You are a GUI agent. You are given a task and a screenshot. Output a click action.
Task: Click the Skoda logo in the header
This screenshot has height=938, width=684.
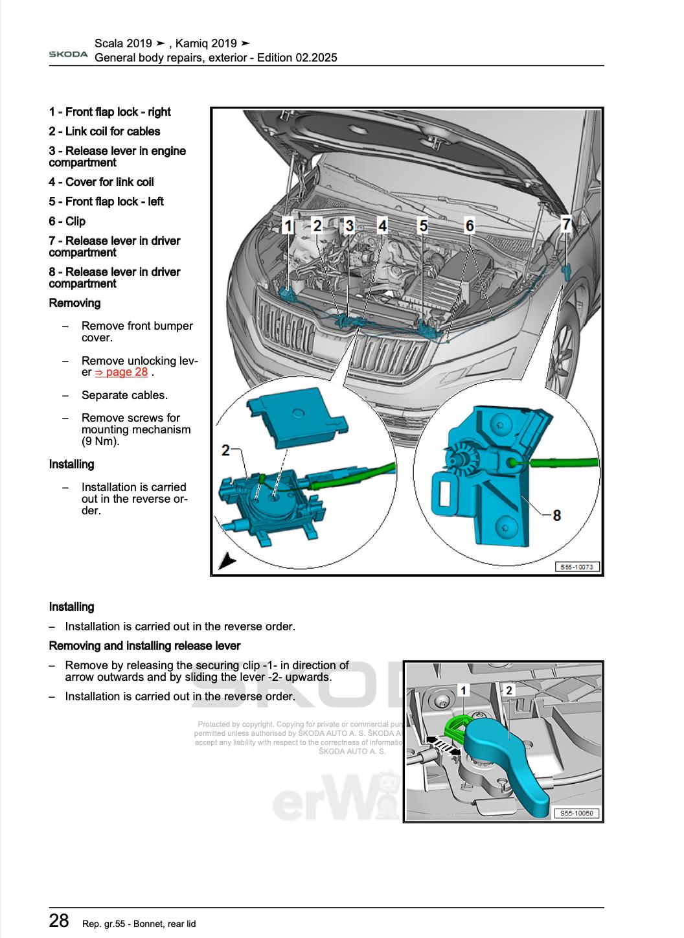pos(68,54)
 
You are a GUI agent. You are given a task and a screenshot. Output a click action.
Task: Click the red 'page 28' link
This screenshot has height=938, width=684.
pos(121,372)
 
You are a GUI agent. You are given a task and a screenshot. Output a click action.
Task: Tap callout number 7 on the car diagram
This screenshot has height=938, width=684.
pos(566,224)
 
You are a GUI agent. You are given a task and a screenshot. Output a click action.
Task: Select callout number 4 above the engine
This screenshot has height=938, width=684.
pos(383,225)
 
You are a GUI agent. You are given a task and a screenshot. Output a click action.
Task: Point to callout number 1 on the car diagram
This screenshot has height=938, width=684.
pos(287,225)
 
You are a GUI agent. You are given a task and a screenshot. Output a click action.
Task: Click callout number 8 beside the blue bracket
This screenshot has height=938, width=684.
pos(556,515)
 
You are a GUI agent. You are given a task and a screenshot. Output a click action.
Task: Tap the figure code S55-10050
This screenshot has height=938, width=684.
pos(576,814)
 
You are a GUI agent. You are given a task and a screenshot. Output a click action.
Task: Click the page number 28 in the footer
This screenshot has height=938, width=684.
pos(59,921)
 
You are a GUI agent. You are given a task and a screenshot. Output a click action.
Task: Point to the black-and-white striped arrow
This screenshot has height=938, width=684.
pos(442,744)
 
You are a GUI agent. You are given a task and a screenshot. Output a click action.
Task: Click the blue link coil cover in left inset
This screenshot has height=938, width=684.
pos(298,420)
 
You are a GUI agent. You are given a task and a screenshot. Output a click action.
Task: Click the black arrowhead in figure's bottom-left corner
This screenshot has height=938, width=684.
pos(225,561)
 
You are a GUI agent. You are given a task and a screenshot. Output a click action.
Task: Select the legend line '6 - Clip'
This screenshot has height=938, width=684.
pos(67,221)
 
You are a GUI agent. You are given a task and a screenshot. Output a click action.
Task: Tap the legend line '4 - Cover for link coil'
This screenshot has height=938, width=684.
pos(101,182)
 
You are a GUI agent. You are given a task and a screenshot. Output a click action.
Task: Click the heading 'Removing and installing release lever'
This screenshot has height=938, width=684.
pos(144,646)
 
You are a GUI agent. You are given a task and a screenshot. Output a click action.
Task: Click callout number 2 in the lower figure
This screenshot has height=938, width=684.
pos(509,691)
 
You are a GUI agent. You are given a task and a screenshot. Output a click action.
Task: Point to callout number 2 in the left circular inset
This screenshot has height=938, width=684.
pos(225,450)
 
